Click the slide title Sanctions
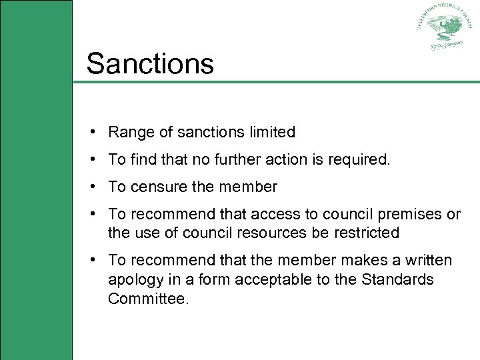[150, 63]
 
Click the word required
[359, 159]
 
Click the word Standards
[398, 279]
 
